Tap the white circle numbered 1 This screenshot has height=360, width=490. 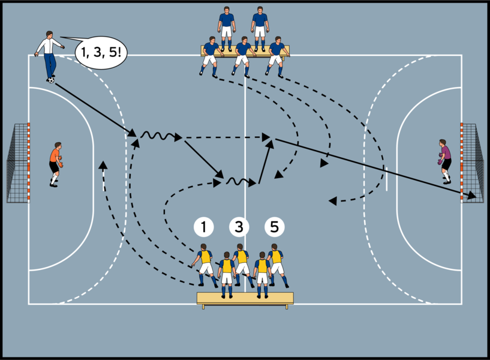pos(204,227)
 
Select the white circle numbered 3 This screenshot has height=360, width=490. pos(239,227)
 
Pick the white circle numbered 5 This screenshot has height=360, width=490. pos(274,227)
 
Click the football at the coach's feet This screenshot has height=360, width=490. pos(51,80)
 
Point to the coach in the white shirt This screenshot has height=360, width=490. pos(49,53)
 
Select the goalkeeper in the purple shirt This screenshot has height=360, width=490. pos(444,160)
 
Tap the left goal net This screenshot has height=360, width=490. pos(17,163)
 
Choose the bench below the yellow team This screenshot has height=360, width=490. pos(245,298)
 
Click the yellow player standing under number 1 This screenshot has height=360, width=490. pos(204,264)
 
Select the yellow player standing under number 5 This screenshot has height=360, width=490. pos(276,264)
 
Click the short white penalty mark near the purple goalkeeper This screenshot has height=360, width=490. pos(387,178)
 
